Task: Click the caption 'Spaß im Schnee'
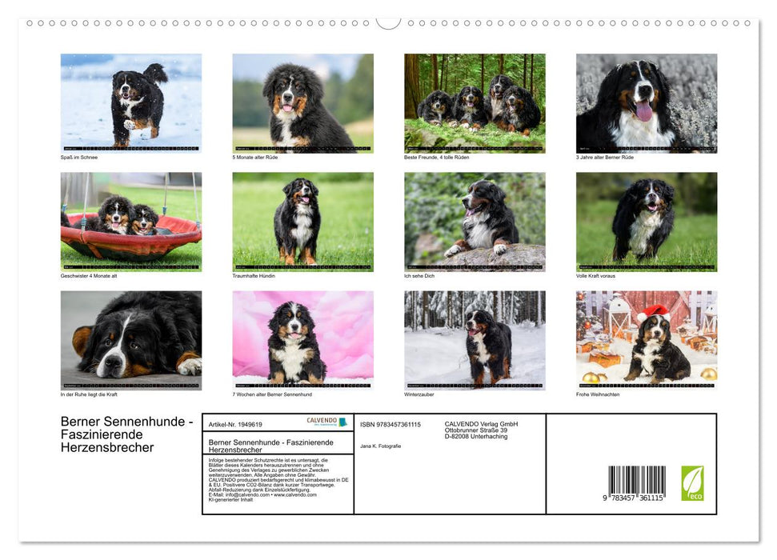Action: pyautogui.click(x=79, y=158)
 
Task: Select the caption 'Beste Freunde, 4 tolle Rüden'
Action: pyautogui.click(x=437, y=158)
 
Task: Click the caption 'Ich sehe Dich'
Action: pyautogui.click(x=420, y=276)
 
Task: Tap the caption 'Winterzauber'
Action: pyautogui.click(x=419, y=394)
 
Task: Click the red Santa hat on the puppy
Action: pyautogui.click(x=654, y=312)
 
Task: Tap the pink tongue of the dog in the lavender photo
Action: pyautogui.click(x=643, y=110)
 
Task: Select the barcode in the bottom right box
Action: pyautogui.click(x=636, y=482)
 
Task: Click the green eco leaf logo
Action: pyautogui.click(x=692, y=483)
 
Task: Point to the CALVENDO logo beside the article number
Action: pyautogui.click(x=326, y=422)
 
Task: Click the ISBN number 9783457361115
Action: pyautogui.click(x=391, y=424)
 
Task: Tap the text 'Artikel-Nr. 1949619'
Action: pyautogui.click(x=235, y=425)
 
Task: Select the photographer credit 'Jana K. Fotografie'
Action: pyautogui.click(x=381, y=446)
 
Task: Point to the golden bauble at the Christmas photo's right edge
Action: pyautogui.click(x=708, y=374)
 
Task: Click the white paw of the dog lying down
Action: pyautogui.click(x=190, y=366)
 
